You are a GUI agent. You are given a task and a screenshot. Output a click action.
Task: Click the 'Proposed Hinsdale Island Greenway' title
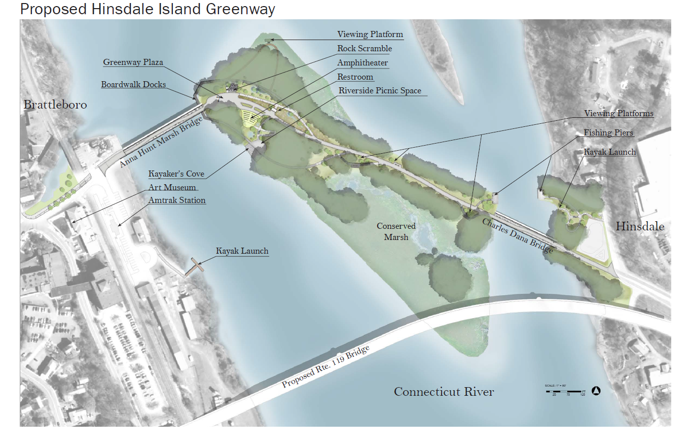148,9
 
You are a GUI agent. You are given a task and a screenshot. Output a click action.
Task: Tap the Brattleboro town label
55,105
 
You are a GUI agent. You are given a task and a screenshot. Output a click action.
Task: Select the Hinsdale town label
640,226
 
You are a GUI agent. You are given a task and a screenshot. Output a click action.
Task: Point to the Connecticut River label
444,392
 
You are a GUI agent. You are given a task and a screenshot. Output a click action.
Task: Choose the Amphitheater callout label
362,63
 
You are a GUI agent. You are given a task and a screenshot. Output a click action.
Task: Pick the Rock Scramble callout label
365,49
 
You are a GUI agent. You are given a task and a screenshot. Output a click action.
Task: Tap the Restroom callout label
355,77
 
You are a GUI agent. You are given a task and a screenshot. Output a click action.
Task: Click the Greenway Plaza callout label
133,62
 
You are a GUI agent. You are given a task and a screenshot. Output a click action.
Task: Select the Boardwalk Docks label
133,85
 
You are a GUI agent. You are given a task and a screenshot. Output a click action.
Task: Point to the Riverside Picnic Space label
380,91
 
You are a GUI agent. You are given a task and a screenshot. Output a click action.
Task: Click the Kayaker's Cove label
176,174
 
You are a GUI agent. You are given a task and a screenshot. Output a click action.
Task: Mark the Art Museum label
172,187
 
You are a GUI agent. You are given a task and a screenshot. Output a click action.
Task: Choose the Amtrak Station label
177,200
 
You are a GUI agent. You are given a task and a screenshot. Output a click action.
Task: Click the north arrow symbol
596,391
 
